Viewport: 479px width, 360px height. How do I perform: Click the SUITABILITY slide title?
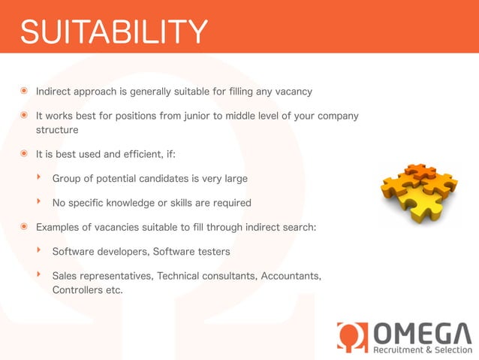pyautogui.click(x=113, y=32)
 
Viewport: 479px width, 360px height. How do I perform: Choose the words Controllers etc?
pyautogui.click(x=86, y=289)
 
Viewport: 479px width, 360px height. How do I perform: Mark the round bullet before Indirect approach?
pyautogui.click(x=26, y=92)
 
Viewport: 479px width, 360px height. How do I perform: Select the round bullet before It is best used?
pyautogui.click(x=26, y=154)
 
